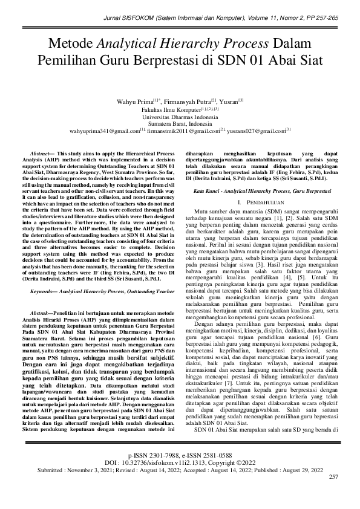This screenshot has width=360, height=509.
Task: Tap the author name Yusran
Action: (x=229, y=101)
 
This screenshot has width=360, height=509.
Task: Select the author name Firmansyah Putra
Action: (x=183, y=101)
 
